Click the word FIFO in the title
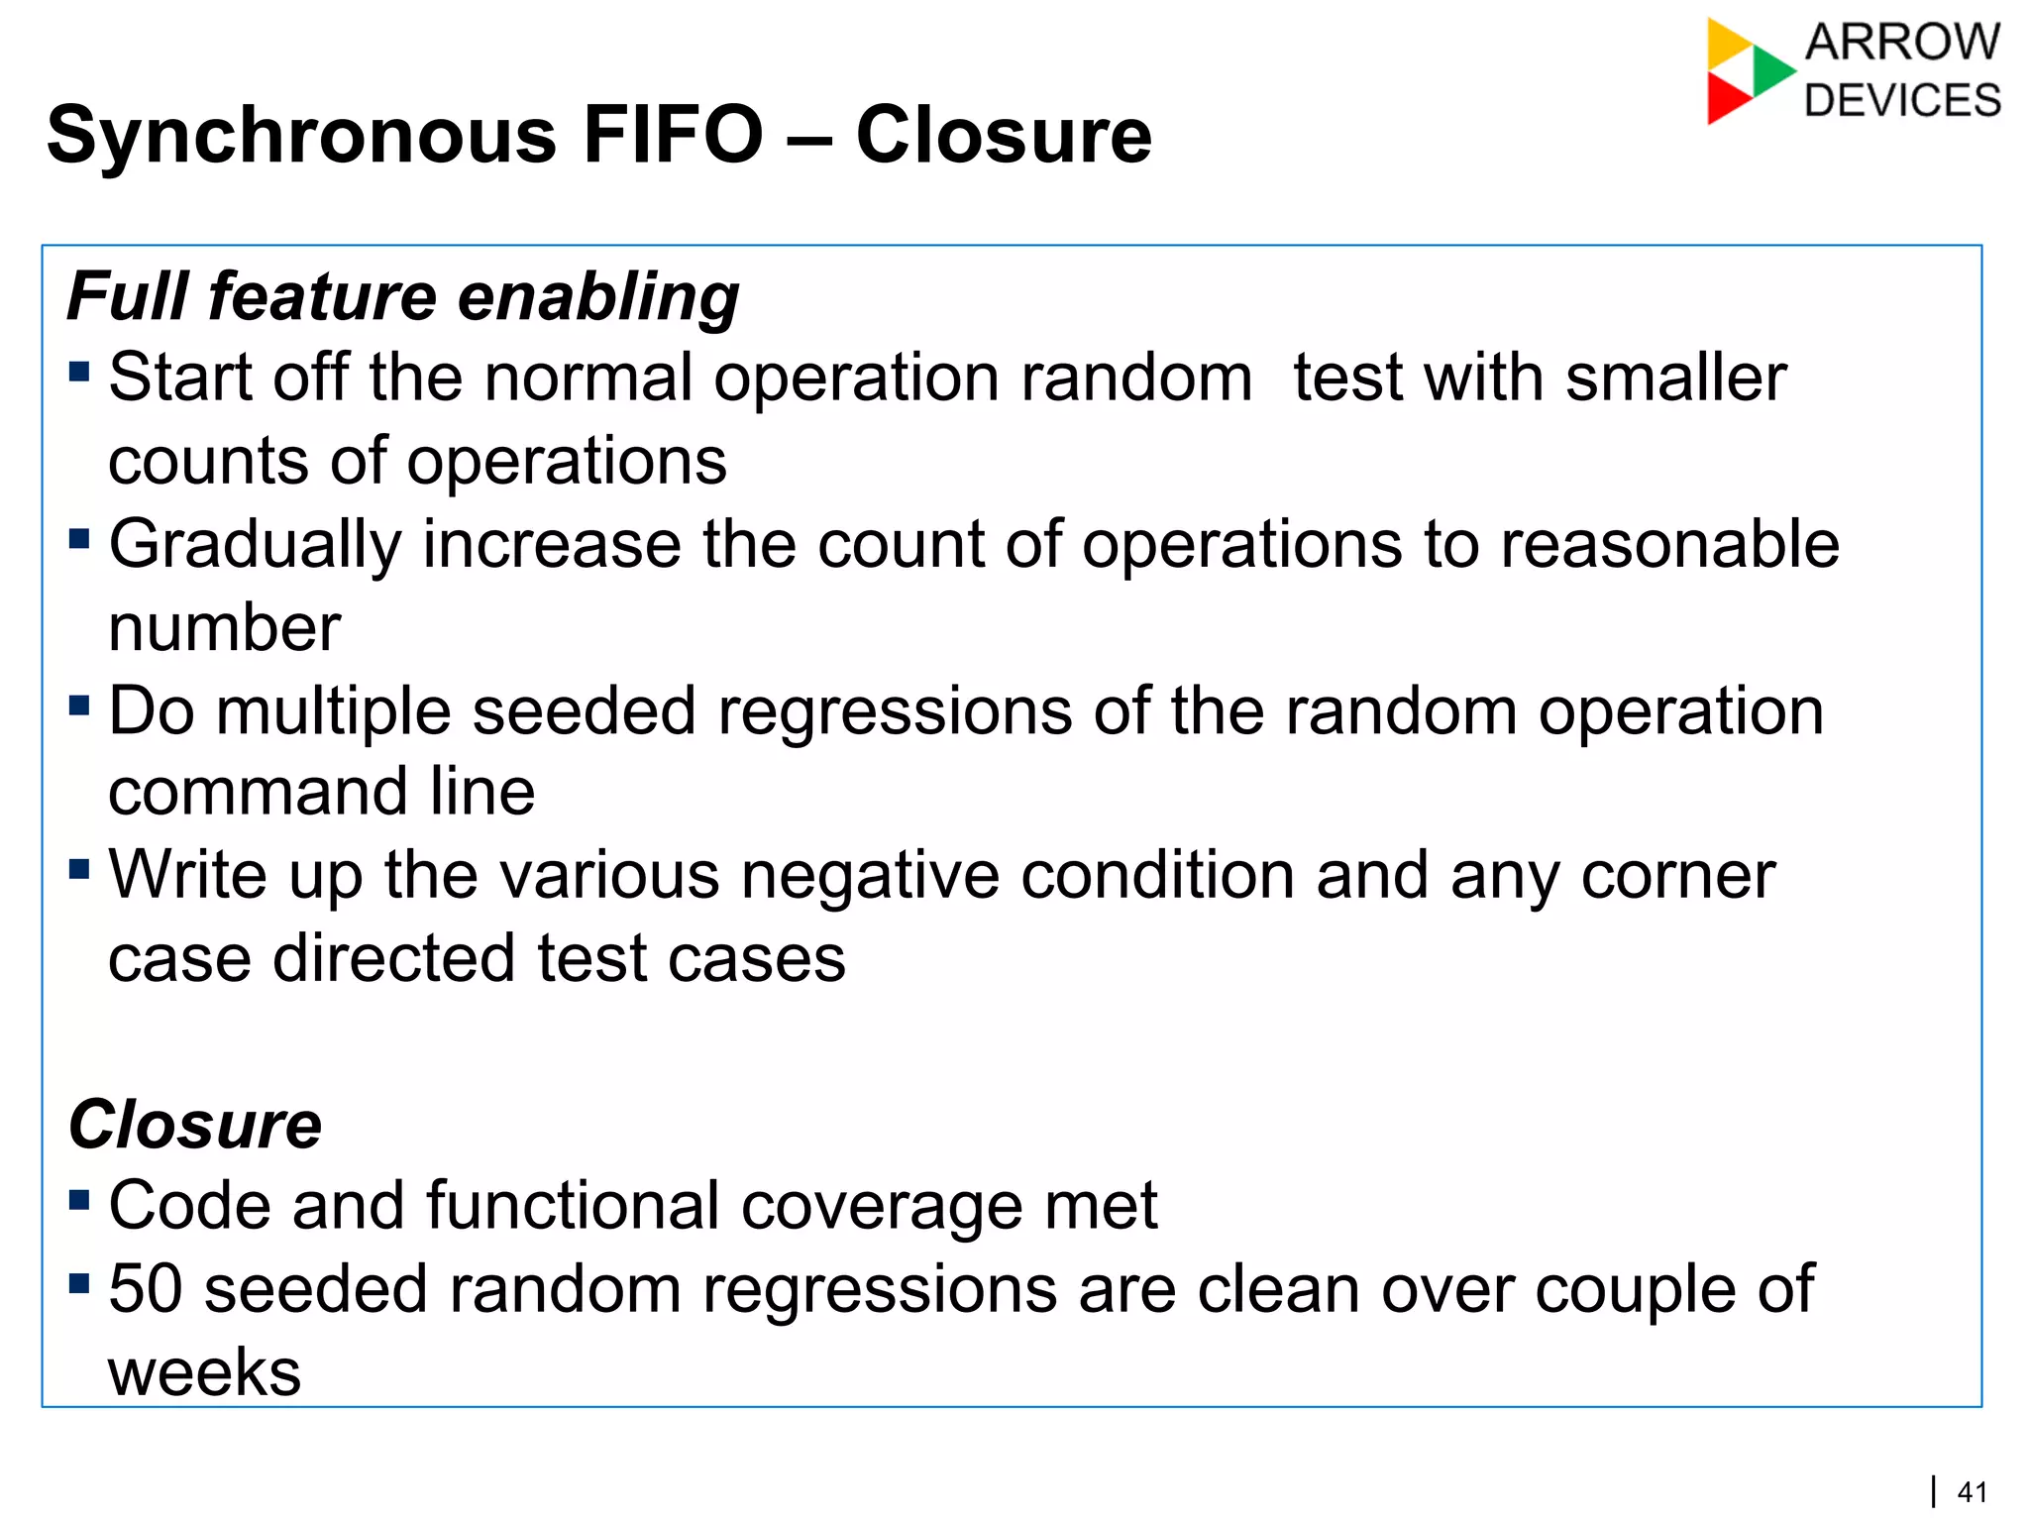[x=673, y=135]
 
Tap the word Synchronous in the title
[x=301, y=137]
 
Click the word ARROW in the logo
[x=1902, y=43]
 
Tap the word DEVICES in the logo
[x=1902, y=101]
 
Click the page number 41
[x=1973, y=1492]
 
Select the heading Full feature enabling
[x=403, y=297]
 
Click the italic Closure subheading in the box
[x=195, y=1126]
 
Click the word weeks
[x=204, y=1372]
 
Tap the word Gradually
[x=256, y=546]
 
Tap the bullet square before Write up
[x=80, y=869]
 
